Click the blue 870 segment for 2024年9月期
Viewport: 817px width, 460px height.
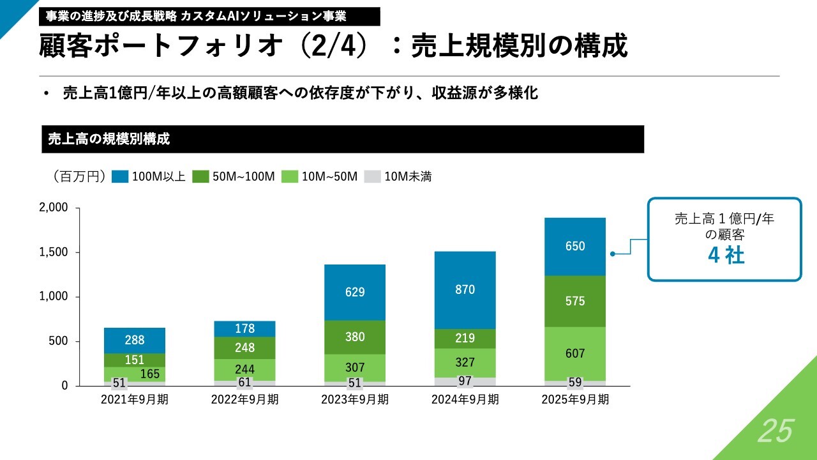pyautogui.click(x=465, y=290)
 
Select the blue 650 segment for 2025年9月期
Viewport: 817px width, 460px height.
pyautogui.click(x=574, y=247)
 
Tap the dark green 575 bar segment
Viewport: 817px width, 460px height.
pyautogui.click(x=574, y=301)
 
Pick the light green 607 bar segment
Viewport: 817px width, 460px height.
pyautogui.click(x=574, y=353)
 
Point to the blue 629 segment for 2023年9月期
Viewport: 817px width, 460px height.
pyautogui.click(x=354, y=292)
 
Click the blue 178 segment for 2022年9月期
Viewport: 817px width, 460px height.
pyautogui.click(x=244, y=328)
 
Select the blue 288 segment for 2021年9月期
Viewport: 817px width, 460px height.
pyautogui.click(x=134, y=341)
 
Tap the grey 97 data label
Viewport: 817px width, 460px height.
pyautogui.click(x=465, y=381)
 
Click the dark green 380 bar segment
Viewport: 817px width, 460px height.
pyautogui.click(x=354, y=337)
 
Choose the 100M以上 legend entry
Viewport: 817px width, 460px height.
pyautogui.click(x=149, y=177)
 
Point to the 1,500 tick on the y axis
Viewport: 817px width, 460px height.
pyautogui.click(x=54, y=252)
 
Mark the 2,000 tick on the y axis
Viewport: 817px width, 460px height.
pyautogui.click(x=54, y=208)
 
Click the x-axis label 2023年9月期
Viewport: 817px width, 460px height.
pyautogui.click(x=354, y=400)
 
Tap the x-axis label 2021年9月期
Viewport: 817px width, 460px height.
pyautogui.click(x=134, y=400)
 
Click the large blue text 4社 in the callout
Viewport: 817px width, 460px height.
pyautogui.click(x=726, y=256)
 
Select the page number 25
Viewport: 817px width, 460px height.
pyautogui.click(x=775, y=433)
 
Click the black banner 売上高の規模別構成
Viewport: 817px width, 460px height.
pyautogui.click(x=343, y=139)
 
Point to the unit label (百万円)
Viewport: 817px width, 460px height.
pyautogui.click(x=75, y=177)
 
